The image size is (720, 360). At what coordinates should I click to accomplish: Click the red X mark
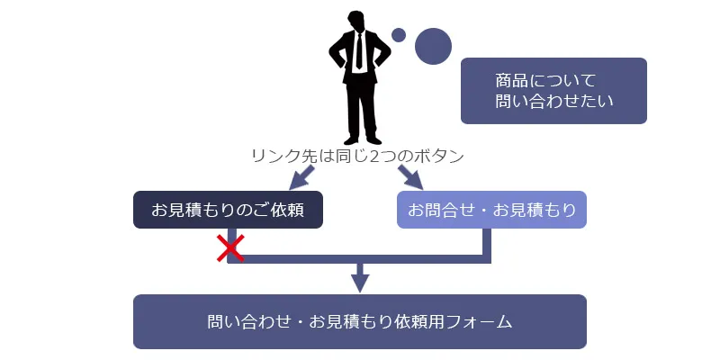(230, 248)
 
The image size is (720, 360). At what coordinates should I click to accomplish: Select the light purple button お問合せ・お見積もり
(491, 210)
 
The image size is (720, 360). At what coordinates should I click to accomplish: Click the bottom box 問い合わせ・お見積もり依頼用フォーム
(359, 321)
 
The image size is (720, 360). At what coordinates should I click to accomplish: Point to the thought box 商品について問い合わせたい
(553, 90)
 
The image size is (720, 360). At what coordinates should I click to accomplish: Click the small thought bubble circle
(399, 35)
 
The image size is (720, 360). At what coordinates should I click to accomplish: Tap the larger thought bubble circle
(433, 46)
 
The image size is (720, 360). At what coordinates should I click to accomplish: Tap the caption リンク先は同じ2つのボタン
(357, 155)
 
